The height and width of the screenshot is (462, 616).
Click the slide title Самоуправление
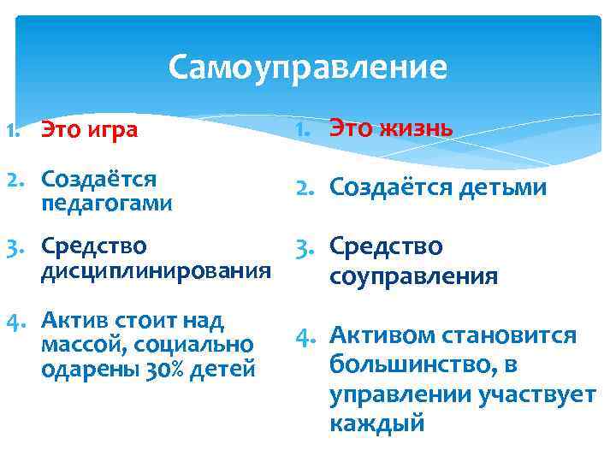pyautogui.click(x=307, y=67)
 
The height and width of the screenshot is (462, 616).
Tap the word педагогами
pyautogui.click(x=107, y=204)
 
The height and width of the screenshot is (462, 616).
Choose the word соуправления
pyautogui.click(x=413, y=276)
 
